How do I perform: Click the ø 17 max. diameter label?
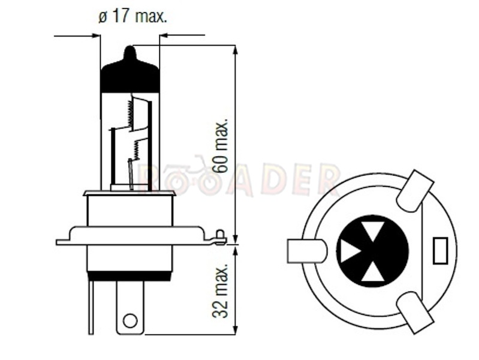pyautogui.click(x=133, y=16)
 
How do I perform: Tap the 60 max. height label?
pyautogui.click(x=221, y=145)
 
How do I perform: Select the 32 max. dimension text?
pyautogui.click(x=221, y=290)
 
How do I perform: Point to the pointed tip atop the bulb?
pyautogui.click(x=130, y=48)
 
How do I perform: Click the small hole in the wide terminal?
pyautogui.click(x=130, y=321)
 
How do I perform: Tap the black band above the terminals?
pyautogui.click(x=129, y=276)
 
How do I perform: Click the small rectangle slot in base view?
pyautogui.click(x=441, y=251)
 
